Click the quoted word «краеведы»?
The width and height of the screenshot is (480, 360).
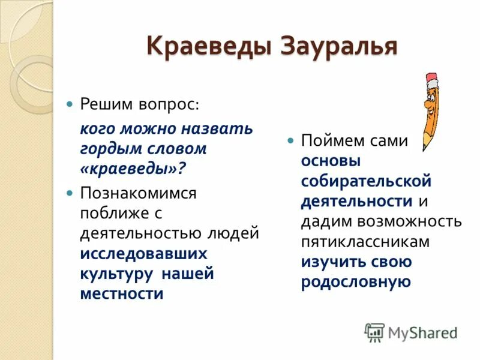tap(133, 169)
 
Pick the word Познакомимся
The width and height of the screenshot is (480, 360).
tap(139, 193)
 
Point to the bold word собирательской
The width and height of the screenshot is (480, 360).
tap(366, 181)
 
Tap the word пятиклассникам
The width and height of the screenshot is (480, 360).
tap(365, 241)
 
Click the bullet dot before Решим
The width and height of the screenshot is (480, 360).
tap(70, 104)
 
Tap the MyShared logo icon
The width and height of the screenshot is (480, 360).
tap(374, 332)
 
